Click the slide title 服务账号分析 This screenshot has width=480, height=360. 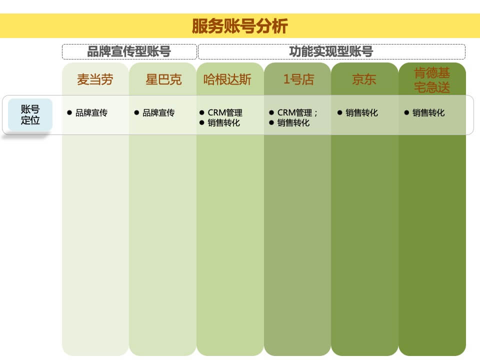[240, 26]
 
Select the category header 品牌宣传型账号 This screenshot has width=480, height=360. [129, 51]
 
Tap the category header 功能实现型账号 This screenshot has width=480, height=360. [331, 51]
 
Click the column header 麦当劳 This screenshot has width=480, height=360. [95, 79]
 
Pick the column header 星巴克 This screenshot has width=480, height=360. [163, 79]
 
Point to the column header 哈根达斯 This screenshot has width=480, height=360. [227, 79]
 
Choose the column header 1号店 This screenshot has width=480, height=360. [298, 79]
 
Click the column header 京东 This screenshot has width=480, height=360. [364, 79]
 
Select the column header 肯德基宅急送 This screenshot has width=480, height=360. [432, 80]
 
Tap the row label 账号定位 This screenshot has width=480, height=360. [30, 114]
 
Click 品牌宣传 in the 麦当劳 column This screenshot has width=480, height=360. [91, 113]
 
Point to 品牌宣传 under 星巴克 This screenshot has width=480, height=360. [158, 113]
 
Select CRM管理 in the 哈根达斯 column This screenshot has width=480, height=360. [225, 113]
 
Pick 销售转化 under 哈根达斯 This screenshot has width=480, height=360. [223, 123]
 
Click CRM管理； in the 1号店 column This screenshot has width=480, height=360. [297, 113]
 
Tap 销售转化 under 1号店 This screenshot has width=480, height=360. [293, 123]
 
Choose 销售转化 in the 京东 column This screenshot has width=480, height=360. [361, 113]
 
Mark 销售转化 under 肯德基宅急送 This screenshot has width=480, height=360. [428, 113]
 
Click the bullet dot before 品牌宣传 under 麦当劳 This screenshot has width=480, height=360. [69, 112]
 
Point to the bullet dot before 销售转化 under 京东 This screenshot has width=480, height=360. [339, 112]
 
